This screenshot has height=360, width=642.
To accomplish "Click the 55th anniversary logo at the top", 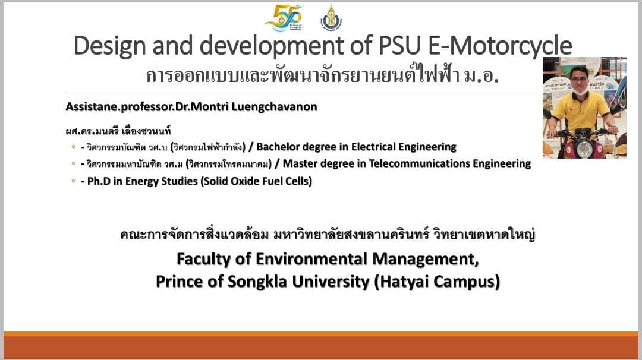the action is (x=284, y=18).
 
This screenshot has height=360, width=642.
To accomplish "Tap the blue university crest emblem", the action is (x=331, y=17).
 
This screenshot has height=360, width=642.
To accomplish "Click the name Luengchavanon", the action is (x=274, y=107).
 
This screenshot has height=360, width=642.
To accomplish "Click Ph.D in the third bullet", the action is (x=99, y=181).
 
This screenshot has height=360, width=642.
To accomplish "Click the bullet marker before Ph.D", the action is (x=73, y=181).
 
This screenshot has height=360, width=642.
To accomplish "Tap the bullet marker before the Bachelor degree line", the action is (x=73, y=147).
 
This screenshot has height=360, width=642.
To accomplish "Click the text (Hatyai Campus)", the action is (x=437, y=282).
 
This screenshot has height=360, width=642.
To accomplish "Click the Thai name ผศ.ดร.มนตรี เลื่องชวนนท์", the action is (x=118, y=131).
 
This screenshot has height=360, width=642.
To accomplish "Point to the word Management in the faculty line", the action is (x=426, y=260).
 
